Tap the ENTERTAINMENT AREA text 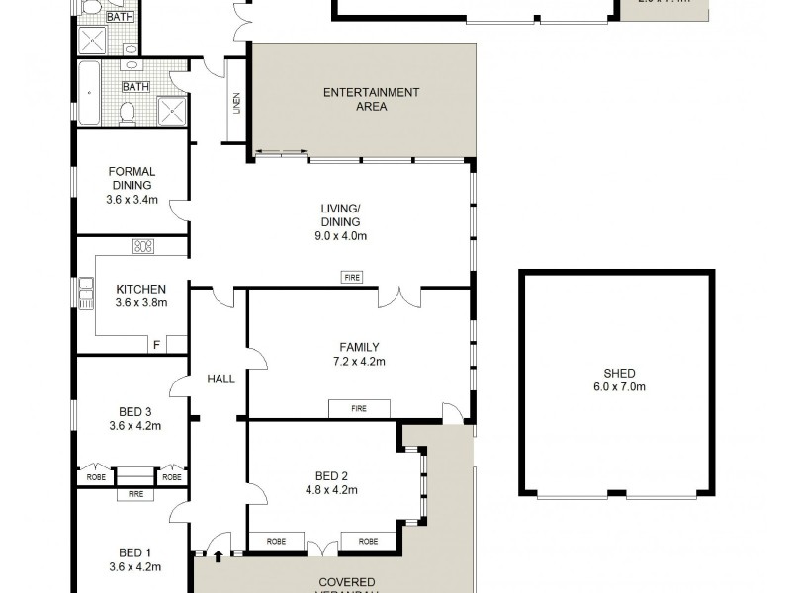371,99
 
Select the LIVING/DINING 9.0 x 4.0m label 340,221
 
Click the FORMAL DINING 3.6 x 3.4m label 132,185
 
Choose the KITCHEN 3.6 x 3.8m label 136,296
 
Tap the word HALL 220,379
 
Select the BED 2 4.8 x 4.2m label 329,482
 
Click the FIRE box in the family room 359,408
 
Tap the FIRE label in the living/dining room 352,278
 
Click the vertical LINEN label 236,103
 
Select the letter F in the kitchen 155,344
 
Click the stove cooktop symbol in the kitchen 143,246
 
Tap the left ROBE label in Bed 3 95,476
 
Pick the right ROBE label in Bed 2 368,542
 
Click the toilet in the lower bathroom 128,113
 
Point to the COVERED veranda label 346,582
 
